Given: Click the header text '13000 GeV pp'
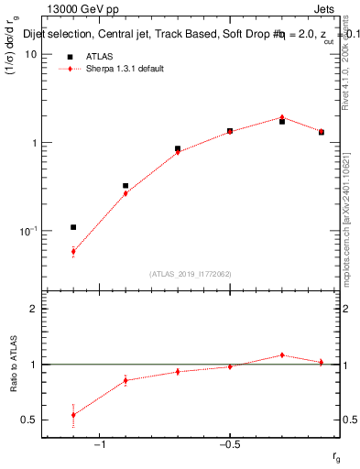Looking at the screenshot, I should pyautogui.click(x=76, y=10).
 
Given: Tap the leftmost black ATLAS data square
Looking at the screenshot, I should pyautogui.click(x=73, y=227).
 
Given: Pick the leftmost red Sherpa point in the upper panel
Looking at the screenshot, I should pyautogui.click(x=73, y=251).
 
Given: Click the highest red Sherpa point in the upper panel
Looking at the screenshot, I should pyautogui.click(x=282, y=117).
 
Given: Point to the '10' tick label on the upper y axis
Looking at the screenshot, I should pyautogui.click(x=30, y=54).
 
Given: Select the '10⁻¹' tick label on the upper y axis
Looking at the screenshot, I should pyautogui.click(x=28, y=231).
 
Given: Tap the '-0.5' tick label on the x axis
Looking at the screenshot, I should pyautogui.click(x=229, y=445).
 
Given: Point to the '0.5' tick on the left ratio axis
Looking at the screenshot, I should pyautogui.click(x=27, y=420).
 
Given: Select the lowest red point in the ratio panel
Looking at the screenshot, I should pyautogui.click(x=73, y=415).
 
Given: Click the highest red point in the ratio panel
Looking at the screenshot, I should pyautogui.click(x=282, y=355).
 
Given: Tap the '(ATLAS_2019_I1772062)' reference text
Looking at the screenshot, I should pyautogui.click(x=190, y=273).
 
